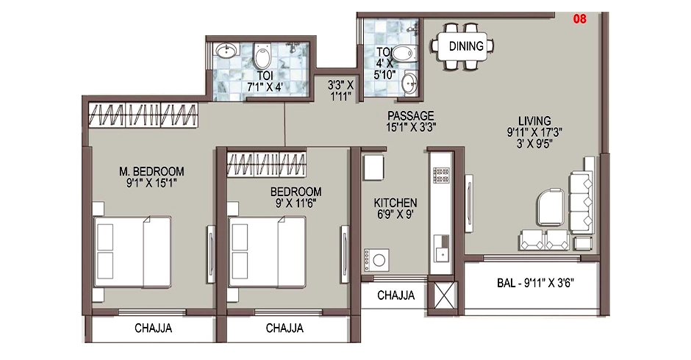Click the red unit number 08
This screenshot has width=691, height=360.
[x=579, y=19]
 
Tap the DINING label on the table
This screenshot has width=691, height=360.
[x=466, y=46]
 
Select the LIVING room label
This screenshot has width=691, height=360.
[x=534, y=120]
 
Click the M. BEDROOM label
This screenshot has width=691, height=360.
[x=151, y=171]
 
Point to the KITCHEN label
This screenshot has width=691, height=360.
[x=395, y=203]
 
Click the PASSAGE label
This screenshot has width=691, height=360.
[x=411, y=116]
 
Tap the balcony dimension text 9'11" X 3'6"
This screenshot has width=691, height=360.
[x=548, y=282]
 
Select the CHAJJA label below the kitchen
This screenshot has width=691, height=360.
[x=395, y=295]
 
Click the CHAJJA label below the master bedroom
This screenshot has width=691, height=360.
[x=154, y=328]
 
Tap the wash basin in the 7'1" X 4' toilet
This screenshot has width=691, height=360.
[x=226, y=50]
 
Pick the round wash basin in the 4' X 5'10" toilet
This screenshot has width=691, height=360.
[x=409, y=82]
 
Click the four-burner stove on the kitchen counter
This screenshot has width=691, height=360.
[x=441, y=176]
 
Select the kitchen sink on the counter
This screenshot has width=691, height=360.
[x=440, y=249]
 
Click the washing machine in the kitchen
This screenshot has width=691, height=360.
[x=376, y=259]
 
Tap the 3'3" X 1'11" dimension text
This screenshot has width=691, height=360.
[x=340, y=90]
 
